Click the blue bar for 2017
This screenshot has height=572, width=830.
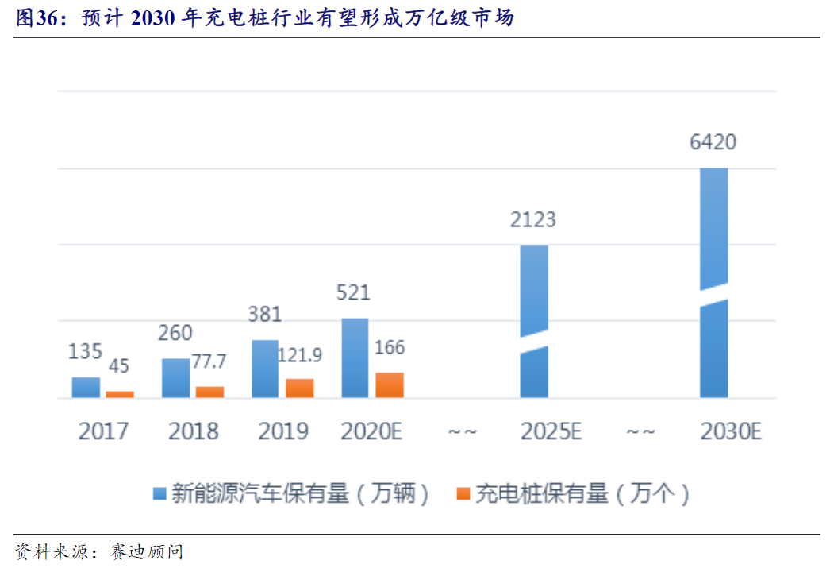(x=86, y=387)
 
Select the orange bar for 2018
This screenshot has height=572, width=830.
(x=209, y=392)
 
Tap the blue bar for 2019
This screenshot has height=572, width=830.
(x=266, y=369)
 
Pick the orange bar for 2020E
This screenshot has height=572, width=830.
(x=390, y=385)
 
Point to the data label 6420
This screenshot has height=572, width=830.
(x=713, y=143)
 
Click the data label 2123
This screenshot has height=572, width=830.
(x=533, y=219)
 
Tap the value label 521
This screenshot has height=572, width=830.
(x=353, y=292)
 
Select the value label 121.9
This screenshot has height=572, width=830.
(x=300, y=354)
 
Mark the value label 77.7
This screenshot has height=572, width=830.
(x=209, y=361)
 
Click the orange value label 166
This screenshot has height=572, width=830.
(x=390, y=347)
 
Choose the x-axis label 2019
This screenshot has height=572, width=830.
(x=283, y=431)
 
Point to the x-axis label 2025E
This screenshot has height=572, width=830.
(x=551, y=431)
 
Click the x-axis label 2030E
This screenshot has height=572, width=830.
(x=731, y=431)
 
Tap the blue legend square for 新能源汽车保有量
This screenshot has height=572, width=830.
(x=159, y=494)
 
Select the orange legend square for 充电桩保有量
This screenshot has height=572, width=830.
(x=463, y=494)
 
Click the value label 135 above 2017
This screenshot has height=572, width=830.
(x=86, y=351)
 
